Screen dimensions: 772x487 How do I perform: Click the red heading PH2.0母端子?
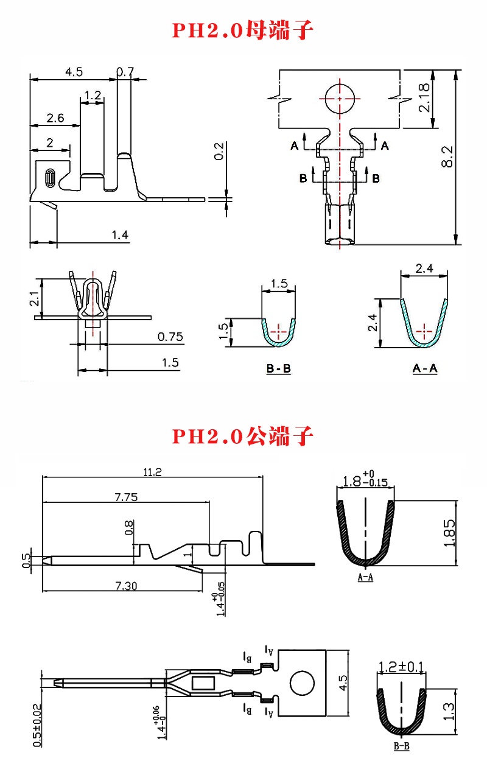(x=243, y=29)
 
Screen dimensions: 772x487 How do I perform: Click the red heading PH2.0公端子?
(x=243, y=436)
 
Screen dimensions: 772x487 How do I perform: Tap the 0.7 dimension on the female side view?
(x=125, y=72)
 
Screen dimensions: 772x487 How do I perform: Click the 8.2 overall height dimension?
(x=447, y=156)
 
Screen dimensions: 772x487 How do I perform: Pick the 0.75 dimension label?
(x=170, y=337)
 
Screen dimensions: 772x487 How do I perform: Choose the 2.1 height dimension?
(x=35, y=298)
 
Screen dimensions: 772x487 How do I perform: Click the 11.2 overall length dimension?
(x=152, y=471)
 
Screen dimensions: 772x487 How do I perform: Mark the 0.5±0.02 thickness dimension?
(x=37, y=725)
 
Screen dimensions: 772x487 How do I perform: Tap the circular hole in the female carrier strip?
(x=339, y=99)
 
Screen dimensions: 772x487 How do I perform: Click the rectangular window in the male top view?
(x=203, y=683)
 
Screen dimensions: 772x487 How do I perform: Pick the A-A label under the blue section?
(x=425, y=368)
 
